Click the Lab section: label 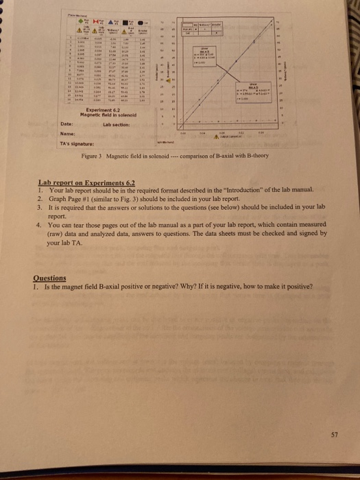tap(116, 125)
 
